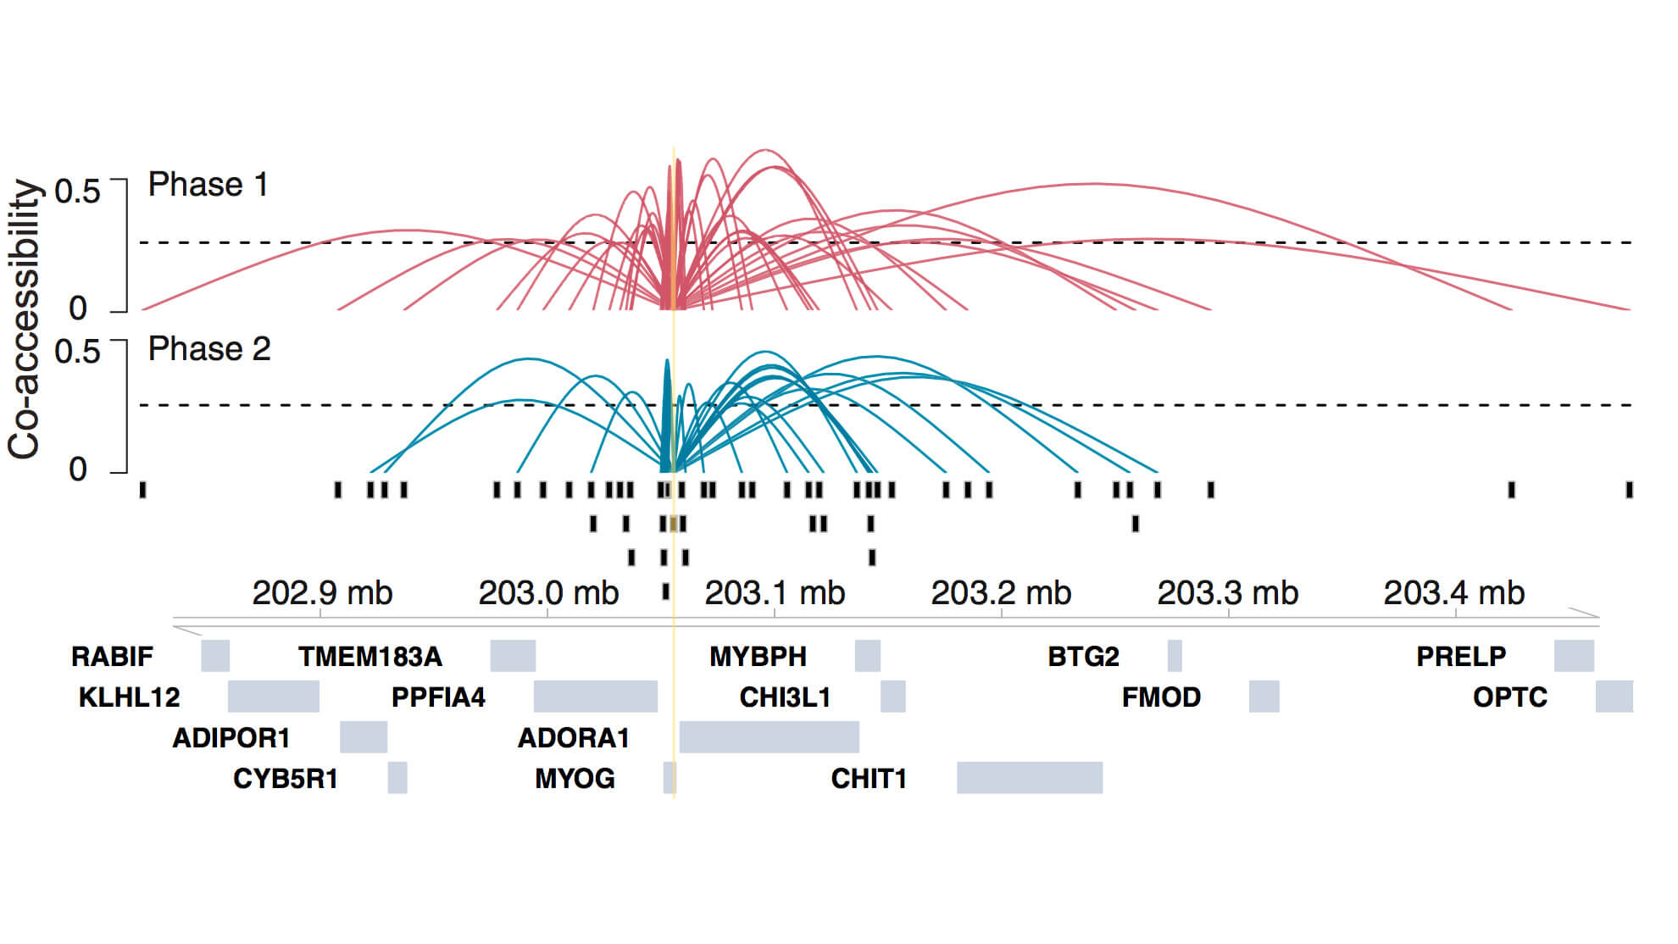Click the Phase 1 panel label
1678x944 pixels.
(208, 185)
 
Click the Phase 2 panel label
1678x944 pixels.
(208, 349)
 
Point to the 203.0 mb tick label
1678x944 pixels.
(548, 593)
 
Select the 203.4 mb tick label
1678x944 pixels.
(1453, 593)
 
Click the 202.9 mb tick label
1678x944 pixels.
(322, 593)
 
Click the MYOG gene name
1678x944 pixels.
(575, 778)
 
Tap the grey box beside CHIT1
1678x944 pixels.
(1029, 777)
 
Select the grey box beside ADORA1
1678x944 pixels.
(769, 736)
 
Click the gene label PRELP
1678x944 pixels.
(1461, 656)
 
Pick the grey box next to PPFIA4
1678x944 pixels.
(595, 696)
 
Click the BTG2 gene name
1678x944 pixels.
(1083, 656)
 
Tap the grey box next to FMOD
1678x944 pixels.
(1264, 696)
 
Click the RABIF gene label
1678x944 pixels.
(112, 656)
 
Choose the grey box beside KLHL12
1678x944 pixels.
(273, 696)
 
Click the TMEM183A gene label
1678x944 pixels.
(369, 656)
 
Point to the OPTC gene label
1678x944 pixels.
(1509, 697)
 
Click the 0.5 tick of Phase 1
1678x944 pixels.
(77, 191)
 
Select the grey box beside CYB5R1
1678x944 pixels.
(397, 777)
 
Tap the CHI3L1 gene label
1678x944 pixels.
(785, 697)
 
